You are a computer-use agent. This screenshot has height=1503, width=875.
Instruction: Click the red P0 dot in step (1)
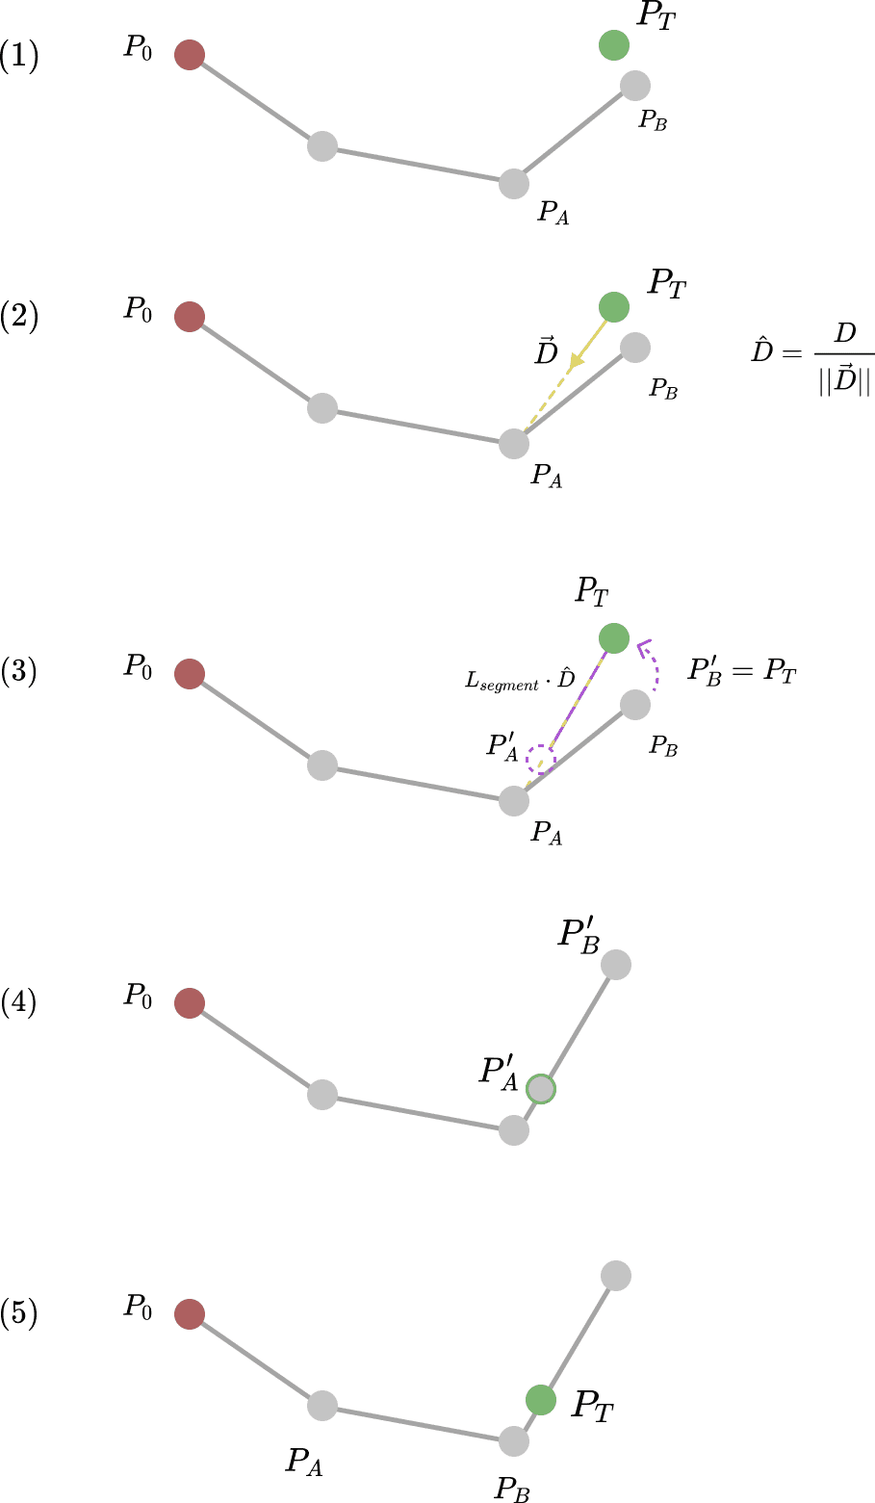190,54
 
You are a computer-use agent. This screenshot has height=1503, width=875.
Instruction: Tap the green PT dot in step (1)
613,45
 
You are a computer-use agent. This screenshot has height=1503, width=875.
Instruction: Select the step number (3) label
19,671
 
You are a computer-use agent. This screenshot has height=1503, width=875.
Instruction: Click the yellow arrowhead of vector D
576,362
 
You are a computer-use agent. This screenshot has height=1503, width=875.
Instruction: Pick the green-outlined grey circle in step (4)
540,1088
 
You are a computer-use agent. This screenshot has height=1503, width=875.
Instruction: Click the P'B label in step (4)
579,935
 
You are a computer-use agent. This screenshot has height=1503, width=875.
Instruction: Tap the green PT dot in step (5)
540,1400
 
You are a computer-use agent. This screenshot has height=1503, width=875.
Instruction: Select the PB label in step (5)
512,1489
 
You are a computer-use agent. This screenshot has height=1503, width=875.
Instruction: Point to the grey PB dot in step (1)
634,86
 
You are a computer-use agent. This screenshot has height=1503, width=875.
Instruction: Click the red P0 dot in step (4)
190,1003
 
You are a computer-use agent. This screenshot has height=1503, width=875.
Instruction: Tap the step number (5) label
19,1312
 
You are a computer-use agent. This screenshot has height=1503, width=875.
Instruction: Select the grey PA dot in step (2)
514,444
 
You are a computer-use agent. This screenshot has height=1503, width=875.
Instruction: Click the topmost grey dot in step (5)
615,1276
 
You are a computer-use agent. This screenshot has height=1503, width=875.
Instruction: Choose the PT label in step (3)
592,592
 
